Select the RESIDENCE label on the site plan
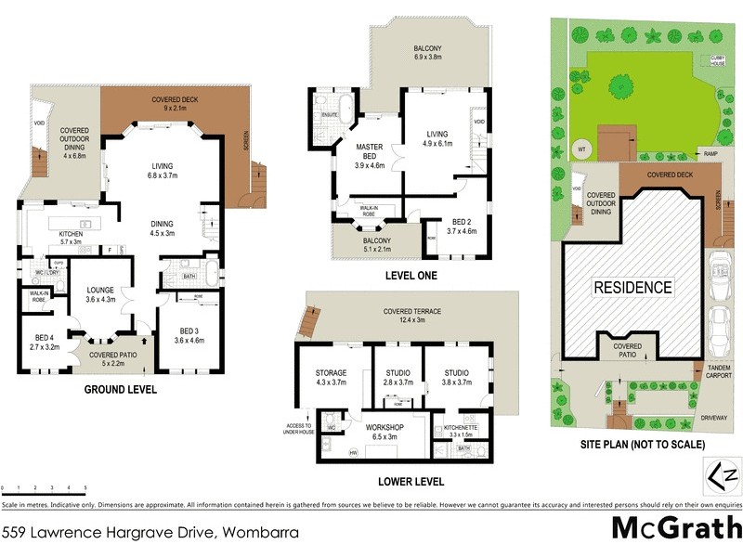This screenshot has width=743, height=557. (x=632, y=287)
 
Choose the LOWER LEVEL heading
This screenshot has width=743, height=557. (x=411, y=482)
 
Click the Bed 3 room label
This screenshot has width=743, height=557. (x=189, y=335)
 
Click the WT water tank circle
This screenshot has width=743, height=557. (x=580, y=148)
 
